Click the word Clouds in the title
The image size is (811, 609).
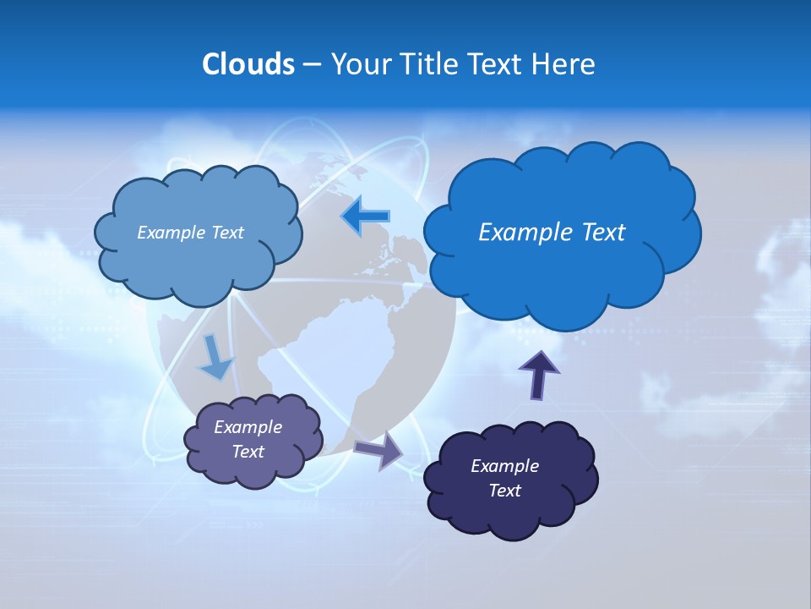coord(248,64)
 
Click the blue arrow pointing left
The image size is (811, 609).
coord(366,217)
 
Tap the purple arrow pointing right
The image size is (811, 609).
coord(378,449)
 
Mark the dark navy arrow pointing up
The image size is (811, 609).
coord(538,375)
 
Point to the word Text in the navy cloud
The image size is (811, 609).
coord(504,491)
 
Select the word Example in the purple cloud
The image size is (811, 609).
coord(248,427)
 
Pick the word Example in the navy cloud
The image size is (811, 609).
coord(504,466)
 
